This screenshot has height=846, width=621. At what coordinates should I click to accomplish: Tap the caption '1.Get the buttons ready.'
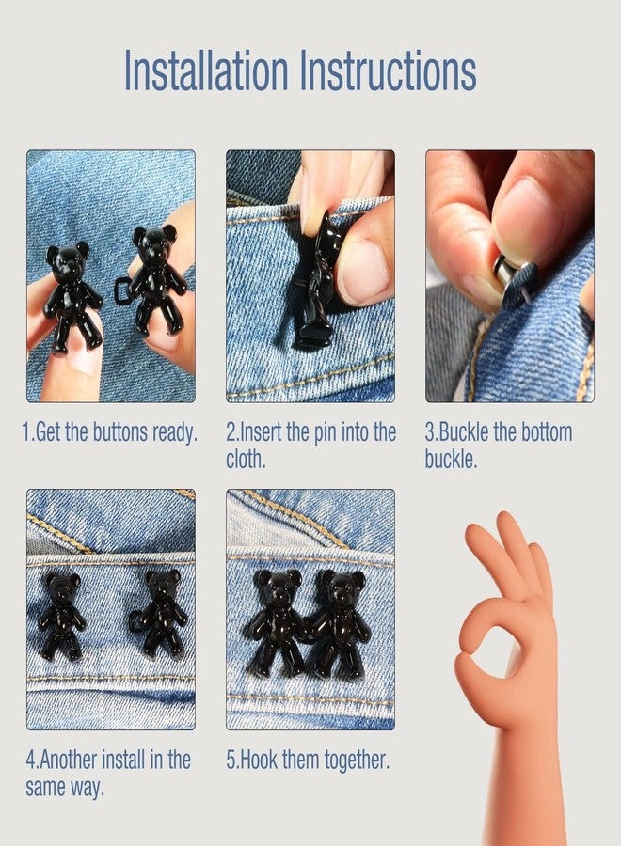click(x=110, y=433)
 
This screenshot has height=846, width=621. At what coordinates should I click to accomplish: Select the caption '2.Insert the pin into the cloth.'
click(x=310, y=446)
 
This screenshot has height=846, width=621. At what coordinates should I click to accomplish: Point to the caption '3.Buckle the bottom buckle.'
click(x=499, y=446)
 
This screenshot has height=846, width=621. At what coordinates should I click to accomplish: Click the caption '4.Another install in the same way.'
click(x=108, y=773)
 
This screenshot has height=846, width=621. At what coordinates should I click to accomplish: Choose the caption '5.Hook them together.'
click(x=308, y=760)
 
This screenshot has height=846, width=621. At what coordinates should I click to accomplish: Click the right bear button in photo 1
click(x=156, y=277)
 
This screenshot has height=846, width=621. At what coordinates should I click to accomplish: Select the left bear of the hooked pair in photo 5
click(x=275, y=620)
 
